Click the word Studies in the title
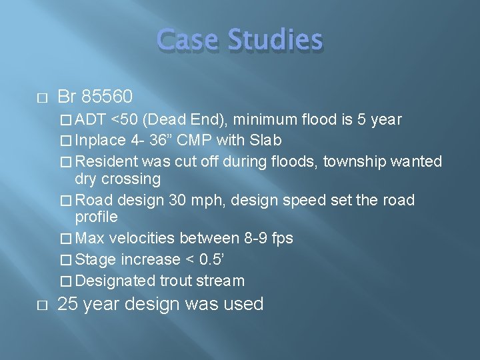point(274,40)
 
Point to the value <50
point(125,120)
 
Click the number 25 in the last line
point(68,305)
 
